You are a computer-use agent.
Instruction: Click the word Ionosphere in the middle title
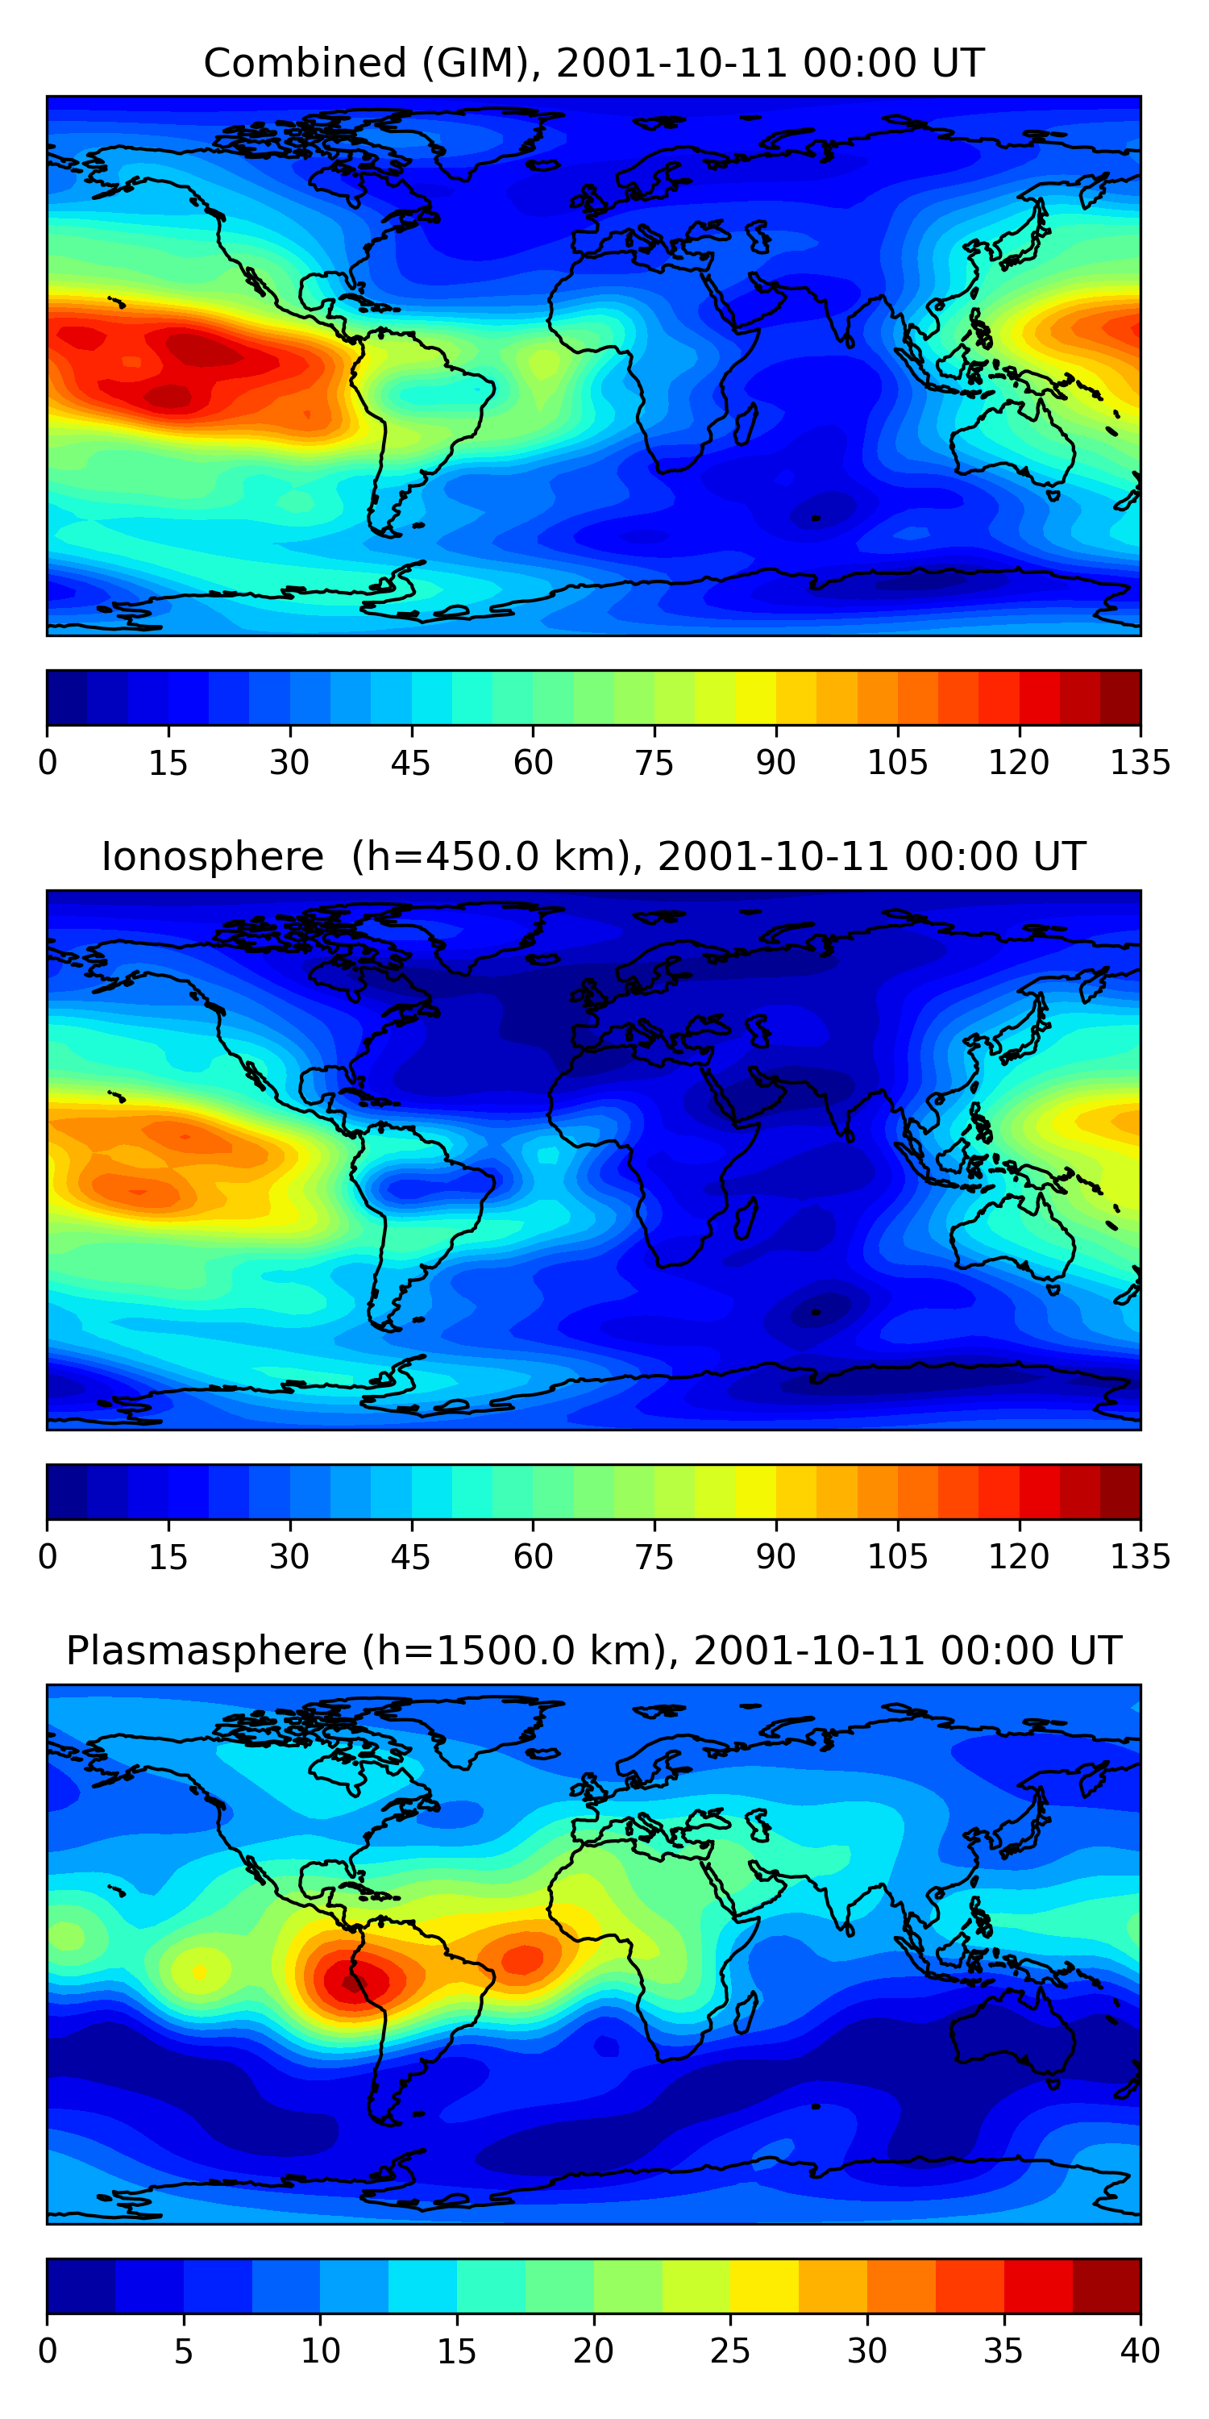[x=212, y=857]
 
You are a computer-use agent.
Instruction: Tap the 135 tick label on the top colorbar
[x=1140, y=764]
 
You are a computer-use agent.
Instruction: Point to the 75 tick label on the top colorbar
[x=654, y=764]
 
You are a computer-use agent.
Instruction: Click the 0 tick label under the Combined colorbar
[x=48, y=764]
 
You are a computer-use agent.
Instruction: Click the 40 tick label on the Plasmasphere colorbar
[x=1140, y=2351]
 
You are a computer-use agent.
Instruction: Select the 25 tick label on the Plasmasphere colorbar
[x=730, y=2351]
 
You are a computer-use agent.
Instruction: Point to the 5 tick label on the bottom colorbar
[x=184, y=2351]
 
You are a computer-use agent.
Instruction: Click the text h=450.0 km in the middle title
[x=490, y=857]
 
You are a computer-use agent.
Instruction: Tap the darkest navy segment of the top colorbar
[x=67, y=697]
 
